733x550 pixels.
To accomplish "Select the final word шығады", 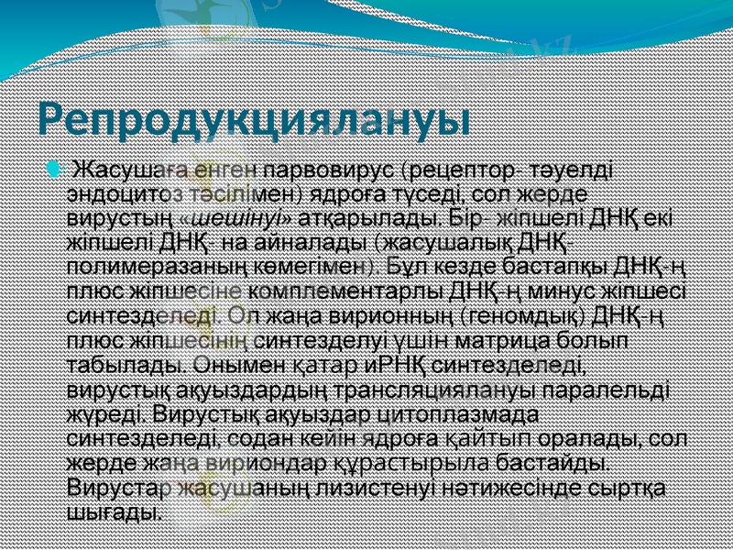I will point(116,510).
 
